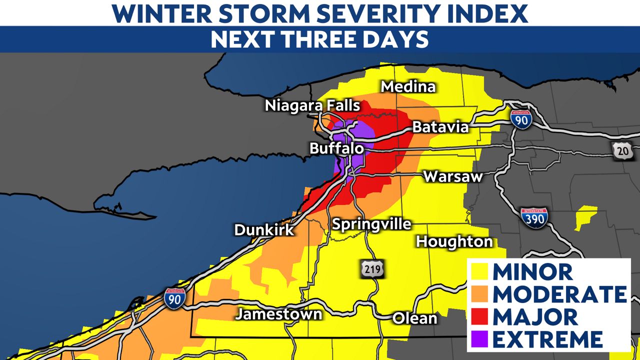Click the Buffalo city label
click(336, 148)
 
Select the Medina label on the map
click(408, 86)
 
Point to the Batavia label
click(440, 127)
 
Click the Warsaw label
click(453, 176)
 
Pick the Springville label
click(371, 224)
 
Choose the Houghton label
click(454, 242)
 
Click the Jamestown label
click(279, 314)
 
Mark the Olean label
click(414, 318)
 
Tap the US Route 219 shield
click(372, 269)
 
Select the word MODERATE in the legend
click(559, 294)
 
